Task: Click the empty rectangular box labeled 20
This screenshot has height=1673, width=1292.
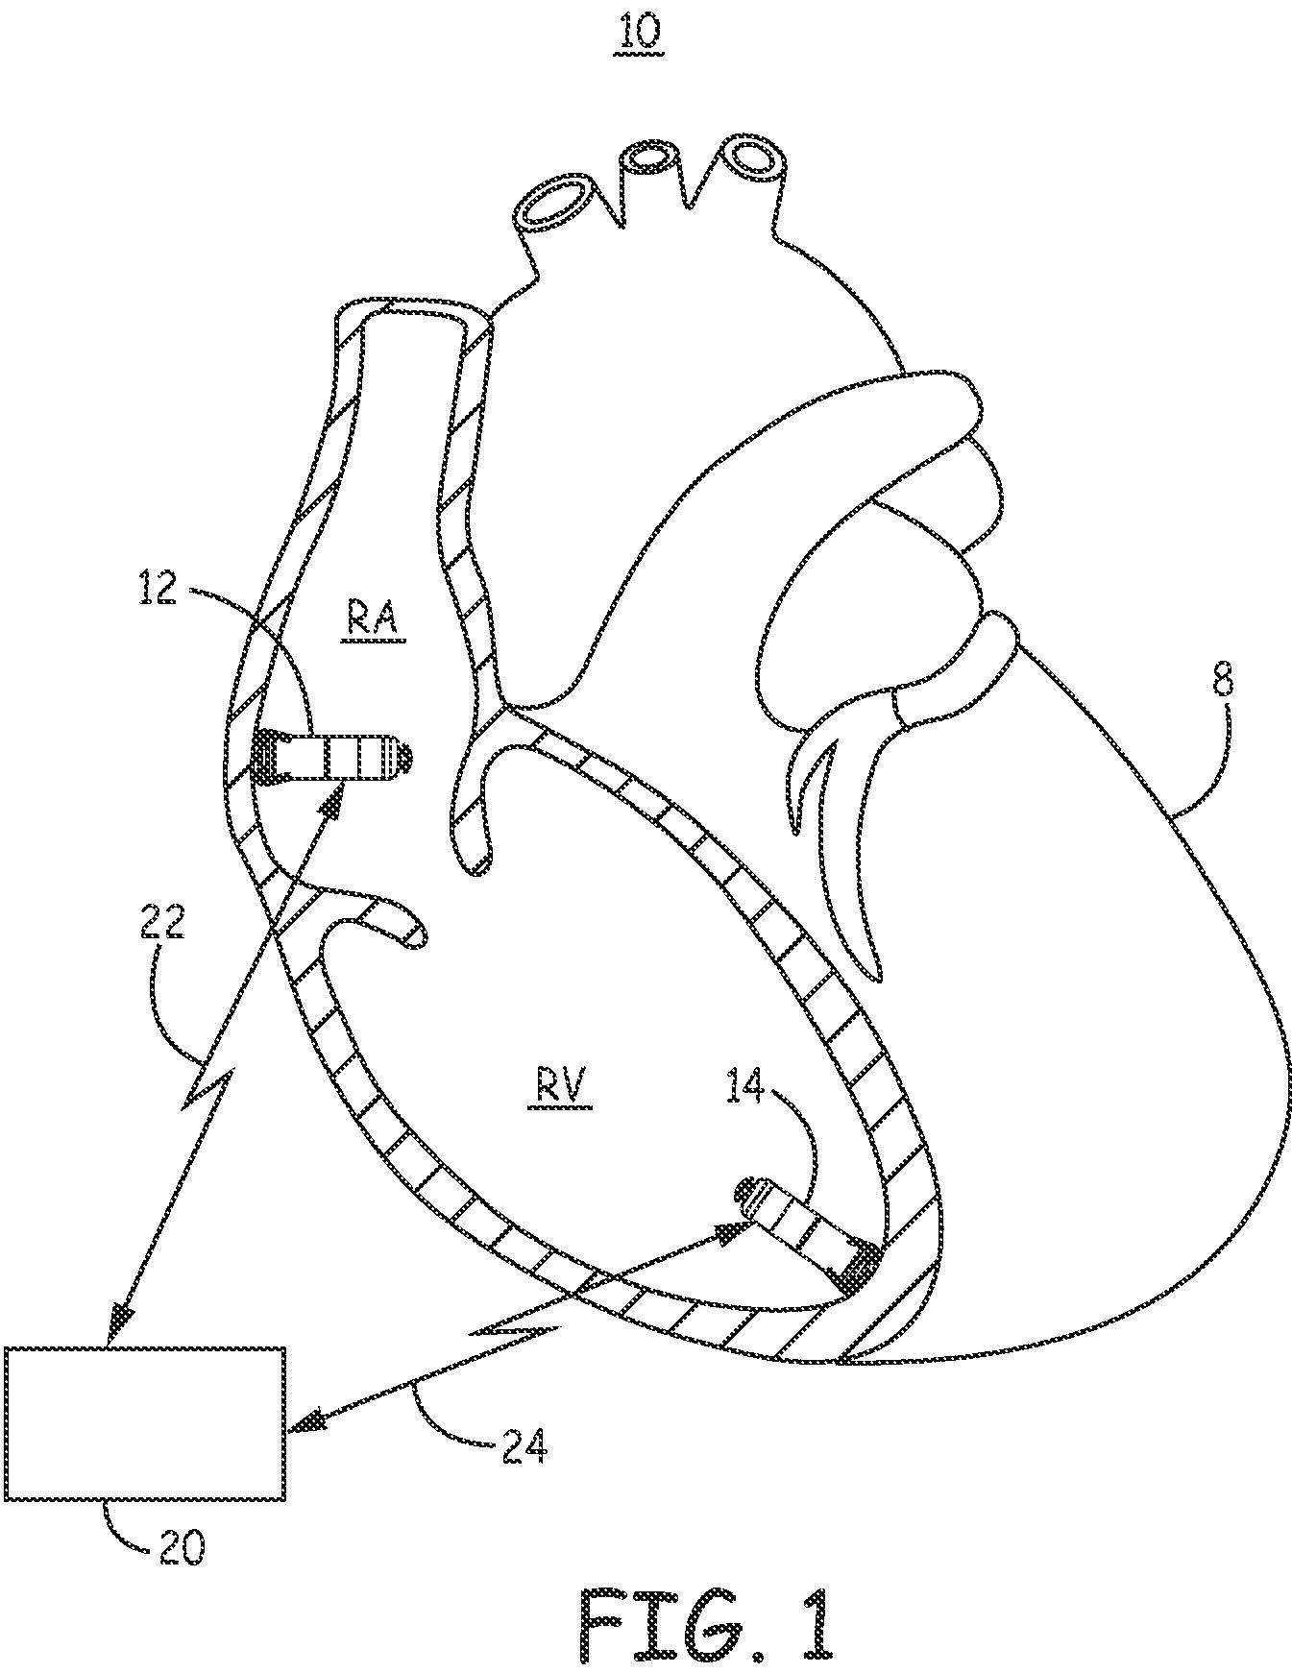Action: tap(144, 1422)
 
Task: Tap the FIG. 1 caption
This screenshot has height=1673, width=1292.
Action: tap(706, 1623)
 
